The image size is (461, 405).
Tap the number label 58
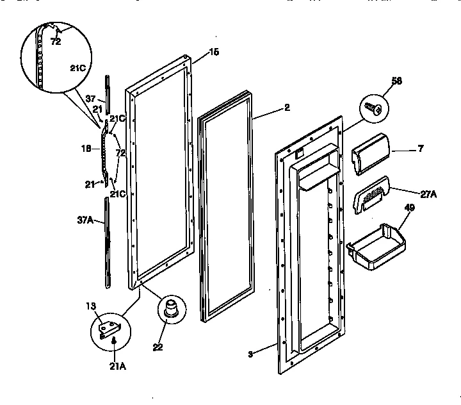point(397,81)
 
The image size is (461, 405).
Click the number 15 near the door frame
point(214,51)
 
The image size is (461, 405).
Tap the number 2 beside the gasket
point(286,108)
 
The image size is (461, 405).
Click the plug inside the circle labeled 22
point(172,308)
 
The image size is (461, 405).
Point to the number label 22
point(158,348)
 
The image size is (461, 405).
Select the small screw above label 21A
point(113,342)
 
